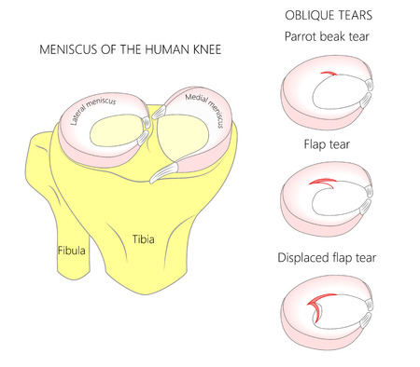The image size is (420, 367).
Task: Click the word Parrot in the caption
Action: (301, 37)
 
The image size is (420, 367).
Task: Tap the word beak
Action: (336, 37)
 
